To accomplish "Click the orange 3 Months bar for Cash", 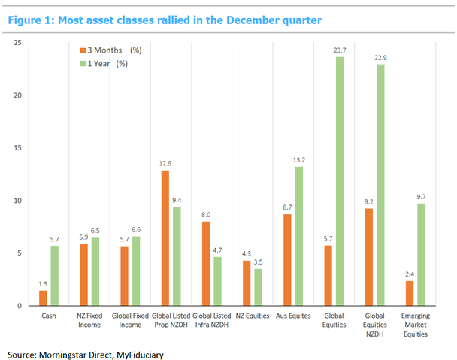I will point(43,298).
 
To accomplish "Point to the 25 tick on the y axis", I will point(16,43).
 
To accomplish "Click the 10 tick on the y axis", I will point(16,201).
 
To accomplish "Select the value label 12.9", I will point(165,165).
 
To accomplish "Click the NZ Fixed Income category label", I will point(89,321).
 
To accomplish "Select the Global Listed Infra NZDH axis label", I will point(213,321).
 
